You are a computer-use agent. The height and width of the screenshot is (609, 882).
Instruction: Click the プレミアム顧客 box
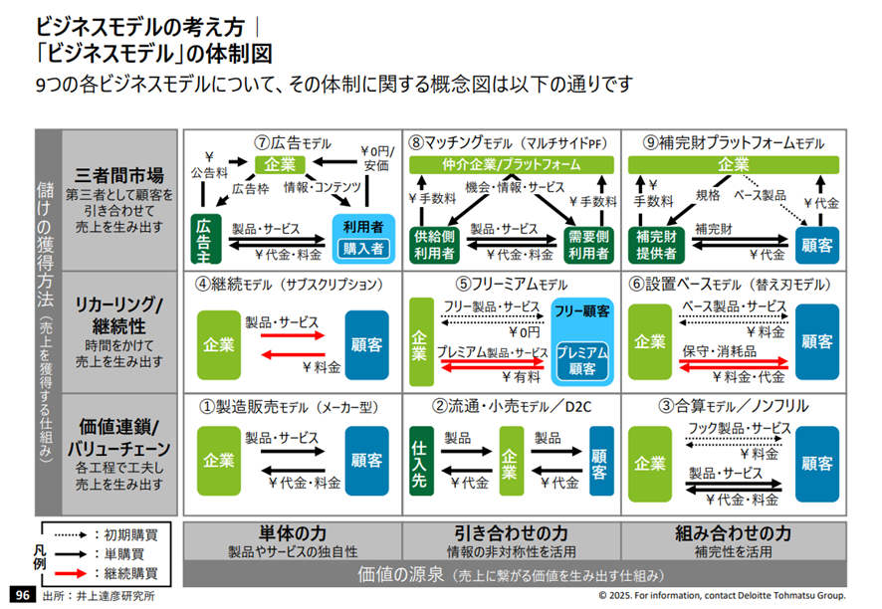(581, 360)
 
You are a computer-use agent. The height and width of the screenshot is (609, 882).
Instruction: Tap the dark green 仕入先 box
(420, 460)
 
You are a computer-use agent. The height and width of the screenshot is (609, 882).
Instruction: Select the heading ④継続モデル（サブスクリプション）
(290, 283)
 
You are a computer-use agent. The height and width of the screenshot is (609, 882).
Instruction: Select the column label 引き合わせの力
(511, 532)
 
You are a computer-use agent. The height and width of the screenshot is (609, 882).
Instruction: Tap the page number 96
(21, 595)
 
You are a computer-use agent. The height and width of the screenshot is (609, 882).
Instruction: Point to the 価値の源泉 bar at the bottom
(511, 575)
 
